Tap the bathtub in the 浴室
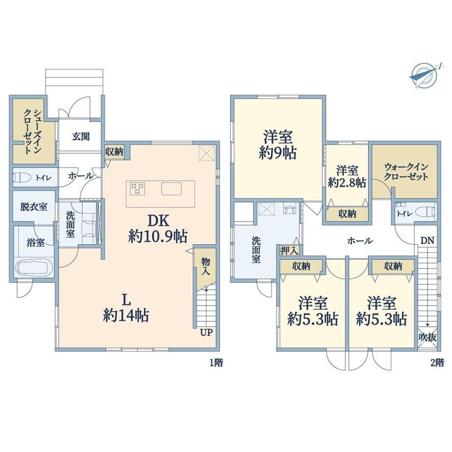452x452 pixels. click(x=34, y=268)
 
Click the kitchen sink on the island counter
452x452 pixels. click(x=171, y=189)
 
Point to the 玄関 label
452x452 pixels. click(x=81, y=137)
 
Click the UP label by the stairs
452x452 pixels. click(x=206, y=333)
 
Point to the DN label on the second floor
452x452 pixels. click(x=427, y=241)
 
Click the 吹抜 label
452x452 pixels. click(x=427, y=337)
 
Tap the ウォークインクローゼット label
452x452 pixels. click(x=406, y=172)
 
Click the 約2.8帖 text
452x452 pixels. click(x=347, y=183)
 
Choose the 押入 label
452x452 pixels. click(x=289, y=251)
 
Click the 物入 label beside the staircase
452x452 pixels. click(x=205, y=266)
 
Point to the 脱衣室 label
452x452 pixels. click(x=34, y=207)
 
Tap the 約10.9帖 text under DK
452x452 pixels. click(x=158, y=237)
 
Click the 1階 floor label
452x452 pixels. click(x=216, y=363)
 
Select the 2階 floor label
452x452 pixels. click(x=437, y=363)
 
